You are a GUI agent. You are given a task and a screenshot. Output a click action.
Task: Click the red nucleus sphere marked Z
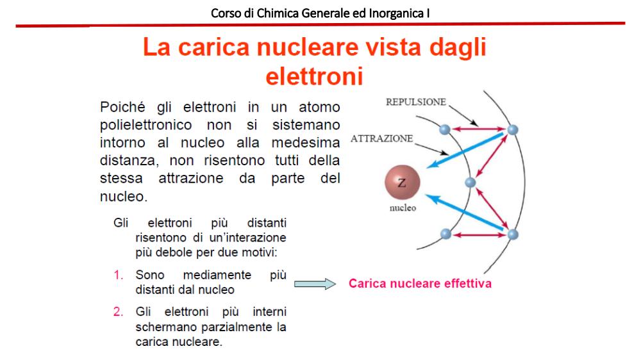403,183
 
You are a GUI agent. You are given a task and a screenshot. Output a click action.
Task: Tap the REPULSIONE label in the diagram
416,102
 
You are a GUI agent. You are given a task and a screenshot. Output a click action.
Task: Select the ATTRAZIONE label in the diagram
382,138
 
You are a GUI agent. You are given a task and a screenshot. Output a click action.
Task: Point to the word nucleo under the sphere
403,208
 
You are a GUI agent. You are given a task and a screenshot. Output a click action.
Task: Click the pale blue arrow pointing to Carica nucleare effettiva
315,284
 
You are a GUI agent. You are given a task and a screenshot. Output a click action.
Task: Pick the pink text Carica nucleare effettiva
420,284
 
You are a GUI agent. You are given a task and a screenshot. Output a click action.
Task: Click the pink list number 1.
118,275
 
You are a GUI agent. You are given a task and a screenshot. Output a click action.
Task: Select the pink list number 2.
118,312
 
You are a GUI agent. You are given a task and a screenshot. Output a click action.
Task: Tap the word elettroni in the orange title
314,76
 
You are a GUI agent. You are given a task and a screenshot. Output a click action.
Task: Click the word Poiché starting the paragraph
122,107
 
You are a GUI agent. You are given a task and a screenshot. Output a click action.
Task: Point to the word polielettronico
146,125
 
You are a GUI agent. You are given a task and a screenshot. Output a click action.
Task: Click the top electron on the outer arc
513,129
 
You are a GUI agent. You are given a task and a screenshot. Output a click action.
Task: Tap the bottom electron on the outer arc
513,234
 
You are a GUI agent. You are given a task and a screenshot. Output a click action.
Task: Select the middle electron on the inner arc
470,182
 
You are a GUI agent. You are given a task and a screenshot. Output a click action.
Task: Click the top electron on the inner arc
445,129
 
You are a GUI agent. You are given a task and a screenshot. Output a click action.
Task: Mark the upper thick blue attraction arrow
465,150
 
